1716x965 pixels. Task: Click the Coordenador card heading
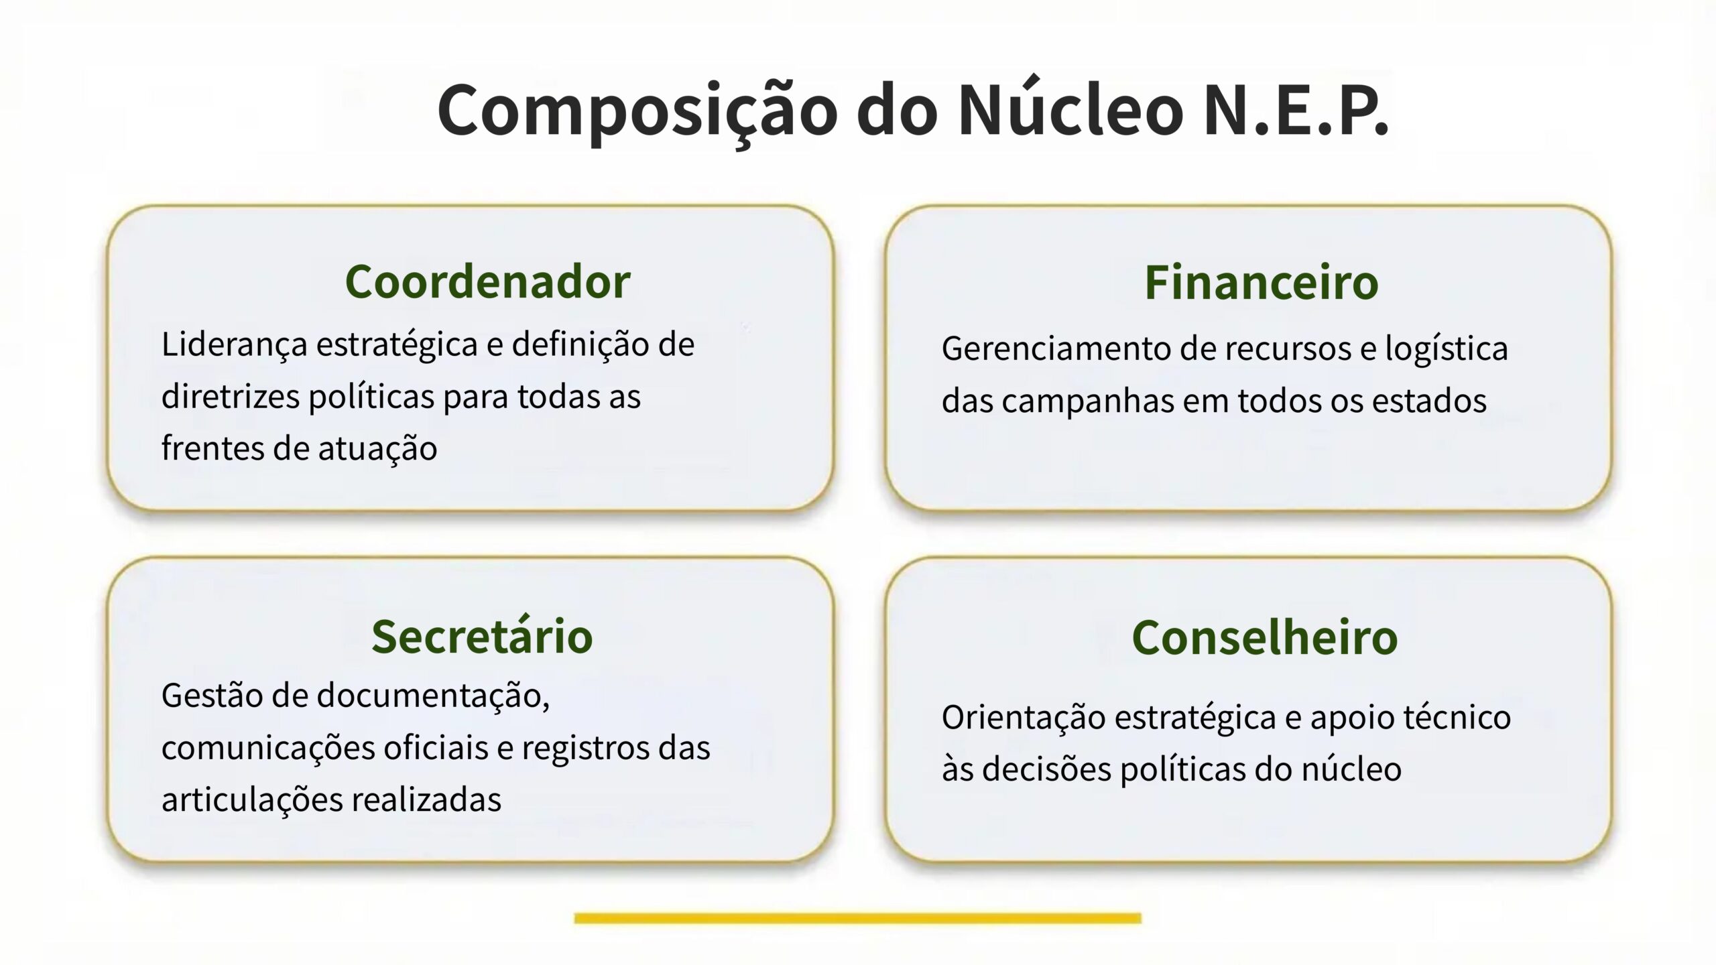tap(487, 281)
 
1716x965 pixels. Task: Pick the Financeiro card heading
tap(1262, 282)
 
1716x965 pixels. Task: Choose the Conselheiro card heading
tap(1265, 637)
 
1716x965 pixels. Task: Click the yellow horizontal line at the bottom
tap(857, 918)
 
